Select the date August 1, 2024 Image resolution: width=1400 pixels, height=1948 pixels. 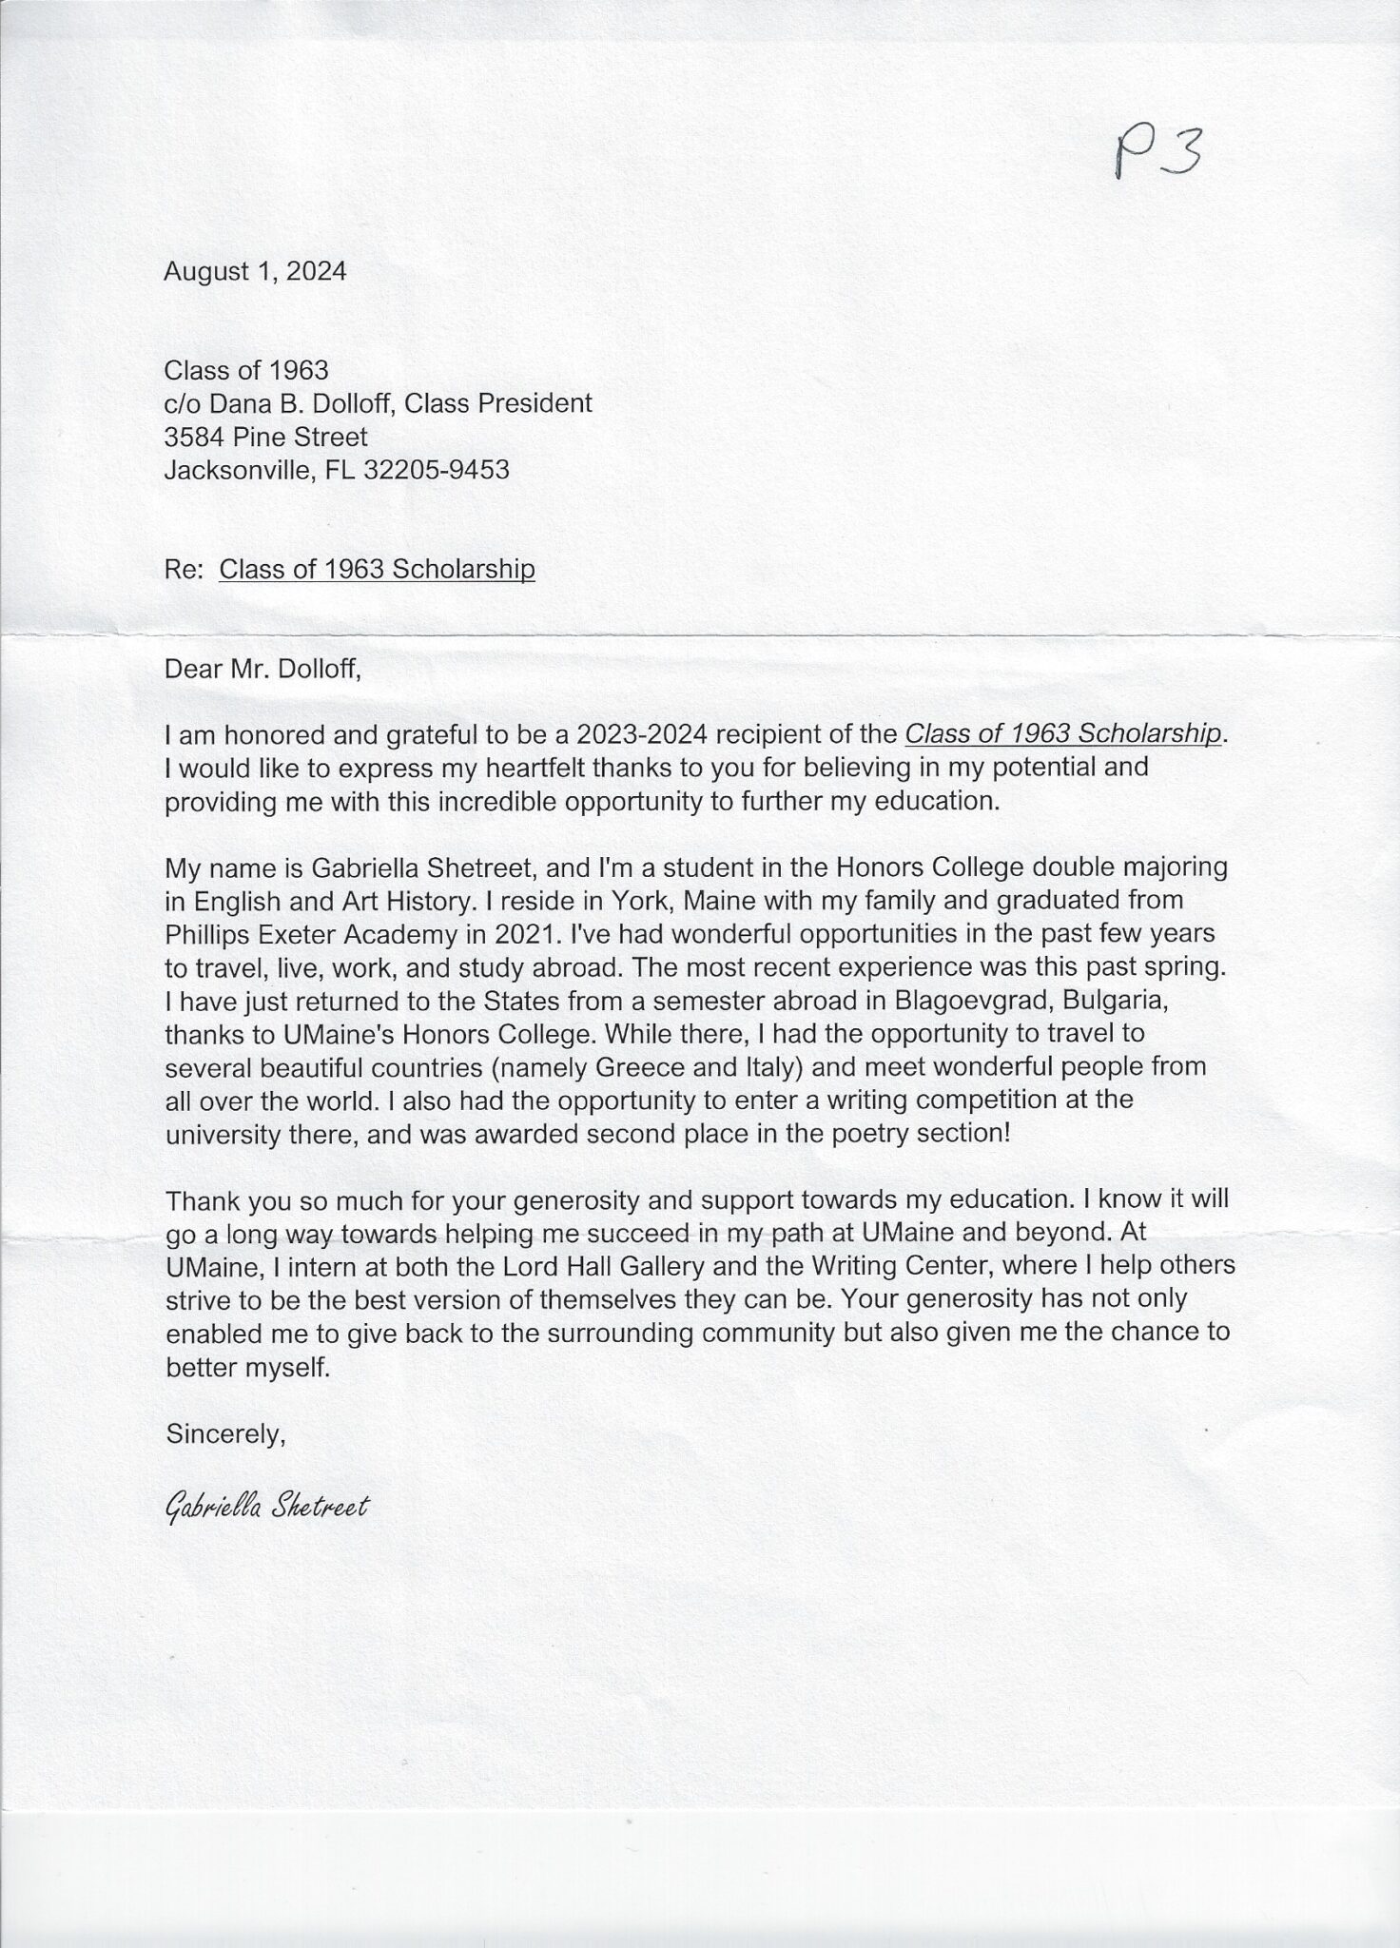(255, 272)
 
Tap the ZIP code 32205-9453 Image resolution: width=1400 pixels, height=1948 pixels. (437, 470)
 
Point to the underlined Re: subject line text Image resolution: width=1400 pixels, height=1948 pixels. (377, 569)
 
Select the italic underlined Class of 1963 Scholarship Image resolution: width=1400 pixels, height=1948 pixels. (1062, 733)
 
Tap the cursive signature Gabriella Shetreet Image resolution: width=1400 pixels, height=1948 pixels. (266, 1507)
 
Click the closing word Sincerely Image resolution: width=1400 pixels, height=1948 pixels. (225, 1433)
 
